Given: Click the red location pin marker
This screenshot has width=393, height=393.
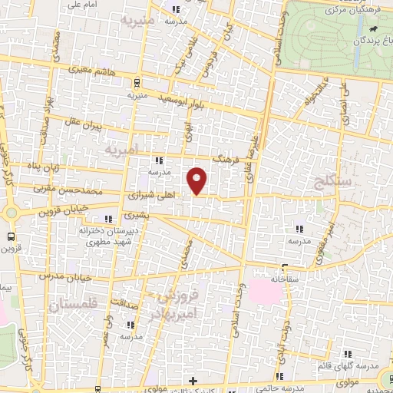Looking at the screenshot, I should pos(198,180).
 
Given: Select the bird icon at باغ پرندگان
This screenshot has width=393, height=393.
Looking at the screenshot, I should pos(373,31).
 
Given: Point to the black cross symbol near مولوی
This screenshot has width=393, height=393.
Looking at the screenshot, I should pos(193,381).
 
